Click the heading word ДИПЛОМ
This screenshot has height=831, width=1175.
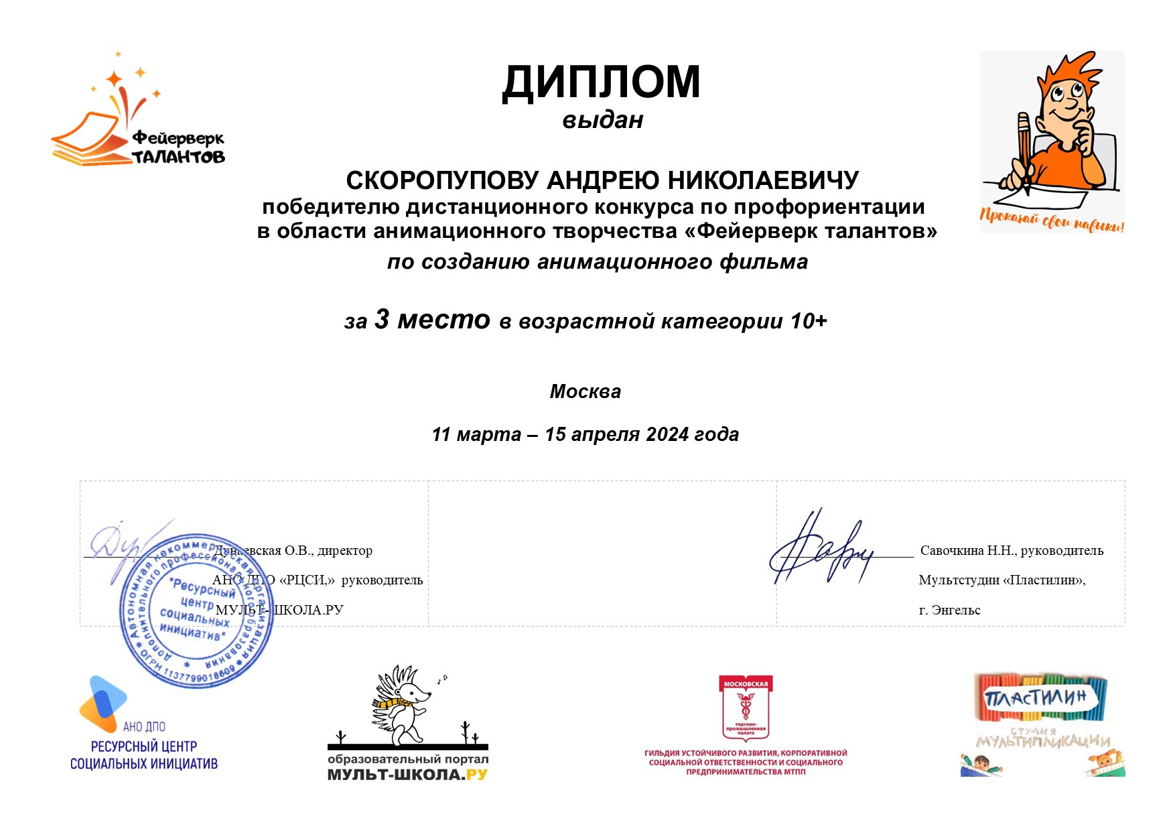[x=601, y=83]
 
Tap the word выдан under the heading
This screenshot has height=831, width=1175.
[x=602, y=121]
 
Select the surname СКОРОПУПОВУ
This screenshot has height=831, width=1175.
[x=442, y=180]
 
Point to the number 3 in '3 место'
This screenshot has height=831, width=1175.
[x=382, y=319]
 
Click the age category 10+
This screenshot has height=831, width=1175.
[x=809, y=321]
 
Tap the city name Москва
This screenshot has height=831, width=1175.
[x=585, y=391]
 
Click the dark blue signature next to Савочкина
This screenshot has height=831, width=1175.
[x=821, y=549]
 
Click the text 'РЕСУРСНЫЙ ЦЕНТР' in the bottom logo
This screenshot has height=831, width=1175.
[x=144, y=747]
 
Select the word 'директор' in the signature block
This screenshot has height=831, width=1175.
[x=345, y=551]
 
